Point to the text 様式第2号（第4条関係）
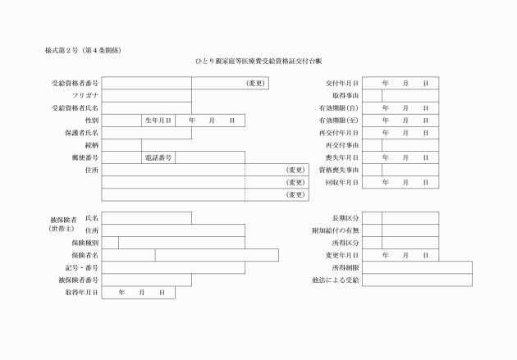[83, 51]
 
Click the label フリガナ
[85, 96]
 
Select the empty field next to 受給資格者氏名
[146, 108]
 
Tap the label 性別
[92, 121]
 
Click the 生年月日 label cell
[158, 121]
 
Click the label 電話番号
[158, 157]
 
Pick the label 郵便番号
[85, 157]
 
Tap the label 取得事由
[344, 96]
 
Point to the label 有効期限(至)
[340, 121]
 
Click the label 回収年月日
[341, 182]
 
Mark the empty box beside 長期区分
[371, 218]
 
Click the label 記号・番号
[82, 267]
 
